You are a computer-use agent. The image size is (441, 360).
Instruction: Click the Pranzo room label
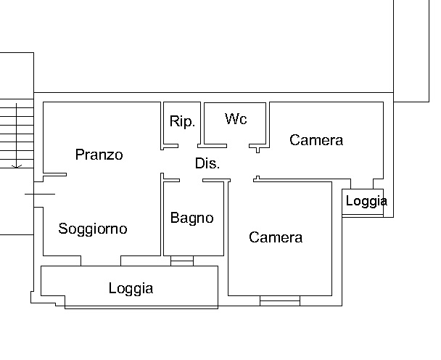pyautogui.click(x=99, y=155)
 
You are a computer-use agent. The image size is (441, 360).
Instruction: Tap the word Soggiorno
pyautogui.click(x=93, y=229)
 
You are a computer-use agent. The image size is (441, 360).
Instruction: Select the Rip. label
pyautogui.click(x=182, y=121)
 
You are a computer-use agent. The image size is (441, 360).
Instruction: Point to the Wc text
pyautogui.click(x=236, y=118)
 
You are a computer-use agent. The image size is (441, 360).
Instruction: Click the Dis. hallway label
pyautogui.click(x=207, y=163)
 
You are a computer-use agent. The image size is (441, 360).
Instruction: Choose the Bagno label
pyautogui.click(x=192, y=217)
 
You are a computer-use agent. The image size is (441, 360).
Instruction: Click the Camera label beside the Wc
pyautogui.click(x=316, y=140)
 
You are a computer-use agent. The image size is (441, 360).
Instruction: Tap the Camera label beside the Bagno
pyautogui.click(x=276, y=237)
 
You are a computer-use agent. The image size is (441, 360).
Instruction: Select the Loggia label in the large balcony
pyautogui.click(x=131, y=288)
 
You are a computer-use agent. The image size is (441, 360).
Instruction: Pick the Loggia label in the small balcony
pyautogui.click(x=366, y=201)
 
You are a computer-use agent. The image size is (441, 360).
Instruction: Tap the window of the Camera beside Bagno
pyautogui.click(x=279, y=299)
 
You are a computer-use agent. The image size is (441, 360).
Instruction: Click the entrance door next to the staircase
pyautogui.click(x=39, y=194)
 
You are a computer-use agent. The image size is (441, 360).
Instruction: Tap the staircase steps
pyautogui.click(x=16, y=131)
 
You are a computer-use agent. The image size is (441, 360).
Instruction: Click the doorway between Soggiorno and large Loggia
pyautogui.click(x=101, y=261)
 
